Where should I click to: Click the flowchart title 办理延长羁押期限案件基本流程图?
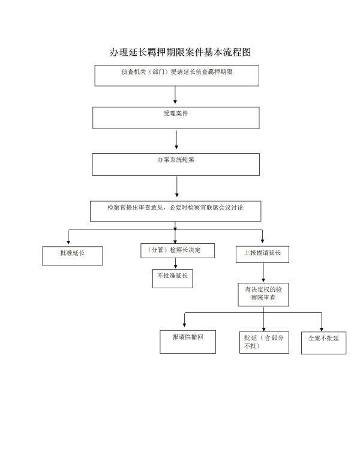(179, 52)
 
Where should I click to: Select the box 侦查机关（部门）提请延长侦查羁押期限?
(176, 75)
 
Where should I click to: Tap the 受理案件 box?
(175, 118)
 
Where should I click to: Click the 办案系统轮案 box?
(175, 164)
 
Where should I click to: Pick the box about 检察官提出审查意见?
(175, 211)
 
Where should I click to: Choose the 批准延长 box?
(72, 256)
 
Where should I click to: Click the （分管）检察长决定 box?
(178, 250)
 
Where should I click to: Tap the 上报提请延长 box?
(262, 255)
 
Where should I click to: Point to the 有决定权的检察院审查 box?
(263, 294)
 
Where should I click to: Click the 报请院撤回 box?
(188, 342)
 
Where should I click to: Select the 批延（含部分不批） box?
(263, 342)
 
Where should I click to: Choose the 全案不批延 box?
(323, 342)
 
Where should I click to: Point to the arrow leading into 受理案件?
(175, 95)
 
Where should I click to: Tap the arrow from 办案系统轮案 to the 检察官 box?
(176, 187)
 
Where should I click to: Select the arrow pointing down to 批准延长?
(69, 237)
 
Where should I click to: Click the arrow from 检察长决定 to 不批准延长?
(175, 263)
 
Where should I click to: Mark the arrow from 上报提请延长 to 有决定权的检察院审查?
(263, 272)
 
